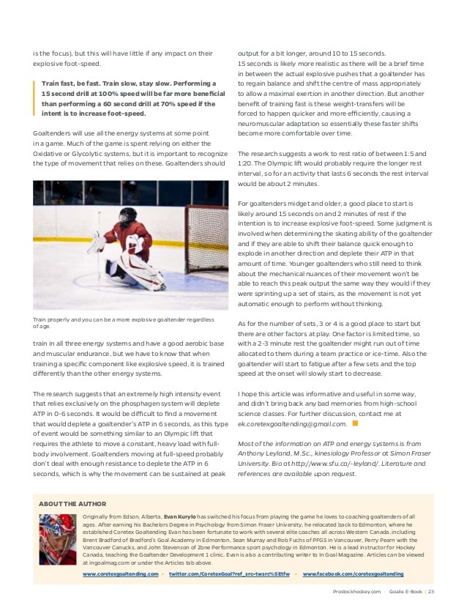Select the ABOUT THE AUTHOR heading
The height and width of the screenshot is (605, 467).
(x=72, y=504)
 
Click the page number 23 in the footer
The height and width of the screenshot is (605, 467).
(x=431, y=591)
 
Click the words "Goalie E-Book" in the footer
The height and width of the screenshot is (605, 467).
(x=401, y=591)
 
